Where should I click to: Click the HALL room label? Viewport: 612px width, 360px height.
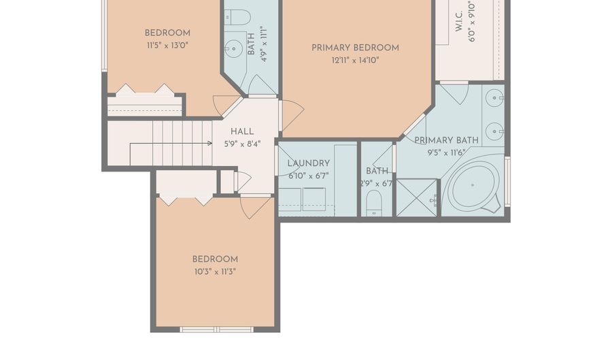coord(242,131)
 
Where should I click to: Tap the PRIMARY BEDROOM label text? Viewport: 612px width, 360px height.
coord(355,48)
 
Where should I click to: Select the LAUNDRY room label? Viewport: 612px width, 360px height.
coord(309,163)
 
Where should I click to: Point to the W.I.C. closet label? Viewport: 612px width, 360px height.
coord(459,21)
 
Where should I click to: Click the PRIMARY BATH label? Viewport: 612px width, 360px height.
coord(447,140)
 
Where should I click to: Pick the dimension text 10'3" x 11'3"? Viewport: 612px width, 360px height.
coord(215,272)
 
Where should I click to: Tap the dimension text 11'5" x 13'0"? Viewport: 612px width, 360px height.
coord(167,46)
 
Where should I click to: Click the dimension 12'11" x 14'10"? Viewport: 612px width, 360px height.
coord(355,61)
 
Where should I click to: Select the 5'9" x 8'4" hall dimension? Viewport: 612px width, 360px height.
coord(242,144)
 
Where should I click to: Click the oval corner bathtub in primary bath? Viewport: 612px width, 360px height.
coord(473,185)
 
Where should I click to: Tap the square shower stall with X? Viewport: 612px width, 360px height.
coord(417,197)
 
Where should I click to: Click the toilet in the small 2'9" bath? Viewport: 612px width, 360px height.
coord(374,203)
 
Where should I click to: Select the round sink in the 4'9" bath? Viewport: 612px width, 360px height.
coord(234,49)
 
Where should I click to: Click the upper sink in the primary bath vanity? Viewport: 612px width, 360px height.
coord(495,97)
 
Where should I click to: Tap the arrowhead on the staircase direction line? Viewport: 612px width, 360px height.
coord(210,144)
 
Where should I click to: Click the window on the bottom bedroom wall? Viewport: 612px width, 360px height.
coord(217,329)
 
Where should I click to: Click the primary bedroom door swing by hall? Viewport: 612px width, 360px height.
coord(292,115)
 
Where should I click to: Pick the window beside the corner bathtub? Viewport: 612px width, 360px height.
coord(507,182)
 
